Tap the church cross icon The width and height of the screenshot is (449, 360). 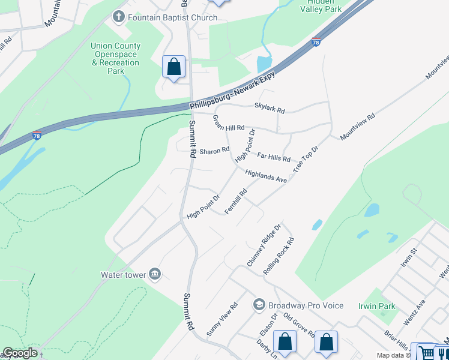(117, 17)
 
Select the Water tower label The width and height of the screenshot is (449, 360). (124, 275)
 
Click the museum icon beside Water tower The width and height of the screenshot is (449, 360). (155, 274)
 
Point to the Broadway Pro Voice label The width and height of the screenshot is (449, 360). (306, 305)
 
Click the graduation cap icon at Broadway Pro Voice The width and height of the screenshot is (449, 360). (259, 305)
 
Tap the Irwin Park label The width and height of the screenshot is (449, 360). (377, 306)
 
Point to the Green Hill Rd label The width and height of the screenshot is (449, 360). (229, 124)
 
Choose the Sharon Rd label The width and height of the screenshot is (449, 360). (214, 151)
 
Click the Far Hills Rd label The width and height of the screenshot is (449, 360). (274, 157)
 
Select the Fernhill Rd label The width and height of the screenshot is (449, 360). (237, 202)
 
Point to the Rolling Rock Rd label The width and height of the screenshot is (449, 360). (279, 257)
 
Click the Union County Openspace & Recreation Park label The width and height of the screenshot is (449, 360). (116, 58)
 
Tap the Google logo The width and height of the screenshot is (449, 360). (20, 353)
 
